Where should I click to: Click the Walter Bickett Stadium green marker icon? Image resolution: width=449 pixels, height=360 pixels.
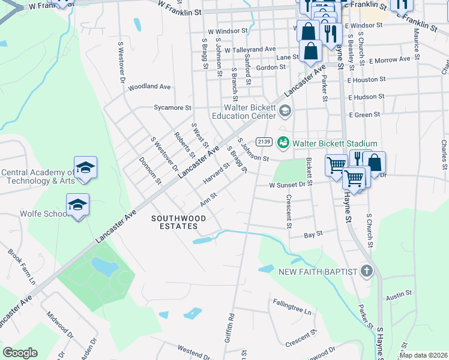[283, 143]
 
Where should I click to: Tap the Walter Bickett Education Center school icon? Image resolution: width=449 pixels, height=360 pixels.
[285, 111]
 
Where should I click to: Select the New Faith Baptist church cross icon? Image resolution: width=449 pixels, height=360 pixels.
[367, 271]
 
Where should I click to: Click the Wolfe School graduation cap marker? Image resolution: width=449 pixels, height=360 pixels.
[77, 205]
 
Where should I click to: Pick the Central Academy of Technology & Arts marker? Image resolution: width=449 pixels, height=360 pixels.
[85, 168]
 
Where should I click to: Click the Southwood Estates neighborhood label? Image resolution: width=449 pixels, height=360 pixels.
[174, 222]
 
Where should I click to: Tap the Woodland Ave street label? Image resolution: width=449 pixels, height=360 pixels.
[149, 87]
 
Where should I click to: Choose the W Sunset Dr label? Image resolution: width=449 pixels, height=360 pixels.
[288, 186]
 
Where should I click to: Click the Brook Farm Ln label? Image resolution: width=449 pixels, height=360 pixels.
[22, 266]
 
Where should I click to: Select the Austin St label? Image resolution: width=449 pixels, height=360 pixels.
[399, 295]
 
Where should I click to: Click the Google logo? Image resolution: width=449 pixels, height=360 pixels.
[20, 353]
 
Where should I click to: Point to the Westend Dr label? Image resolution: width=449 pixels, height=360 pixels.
[192, 349]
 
